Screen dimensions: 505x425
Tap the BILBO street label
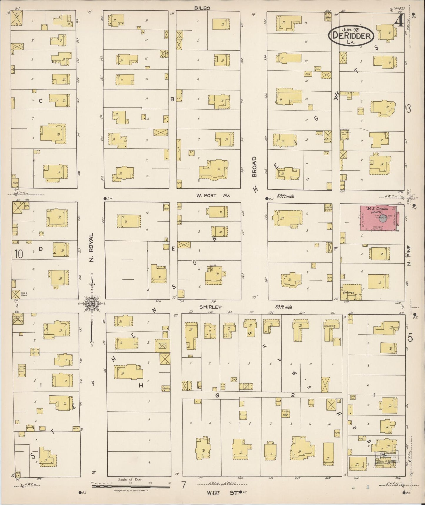(202, 8)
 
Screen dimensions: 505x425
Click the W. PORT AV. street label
(213, 195)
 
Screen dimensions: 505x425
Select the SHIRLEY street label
(210, 307)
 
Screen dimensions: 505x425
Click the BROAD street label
(254, 167)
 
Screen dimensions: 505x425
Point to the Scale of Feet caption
(130, 480)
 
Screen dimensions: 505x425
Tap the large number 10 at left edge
(19, 254)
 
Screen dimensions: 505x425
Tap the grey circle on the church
(382, 219)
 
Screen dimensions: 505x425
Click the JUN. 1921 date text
(351, 30)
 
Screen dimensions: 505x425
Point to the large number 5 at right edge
(410, 338)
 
